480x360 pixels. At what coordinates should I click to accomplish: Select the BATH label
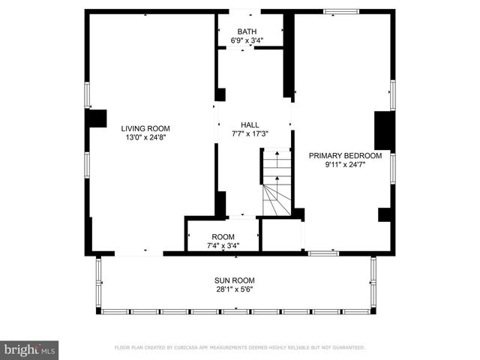click(247, 31)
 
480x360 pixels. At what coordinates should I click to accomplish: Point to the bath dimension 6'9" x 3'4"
click(247, 40)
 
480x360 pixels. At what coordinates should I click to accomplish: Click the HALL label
click(250, 125)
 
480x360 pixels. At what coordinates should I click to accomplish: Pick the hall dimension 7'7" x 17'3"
click(250, 134)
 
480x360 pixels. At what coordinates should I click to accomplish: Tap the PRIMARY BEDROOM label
click(345, 156)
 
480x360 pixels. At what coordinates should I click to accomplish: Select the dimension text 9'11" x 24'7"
click(345, 165)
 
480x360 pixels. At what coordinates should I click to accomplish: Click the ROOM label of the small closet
click(223, 236)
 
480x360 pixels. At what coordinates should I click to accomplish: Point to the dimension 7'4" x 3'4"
click(223, 245)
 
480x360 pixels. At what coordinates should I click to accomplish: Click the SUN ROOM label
click(234, 280)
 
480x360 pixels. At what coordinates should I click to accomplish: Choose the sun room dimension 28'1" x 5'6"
click(234, 289)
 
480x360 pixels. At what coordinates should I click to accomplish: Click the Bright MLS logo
click(30, 349)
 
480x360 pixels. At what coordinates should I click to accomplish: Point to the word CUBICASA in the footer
click(197, 348)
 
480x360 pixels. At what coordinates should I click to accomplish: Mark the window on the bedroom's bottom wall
click(322, 253)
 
